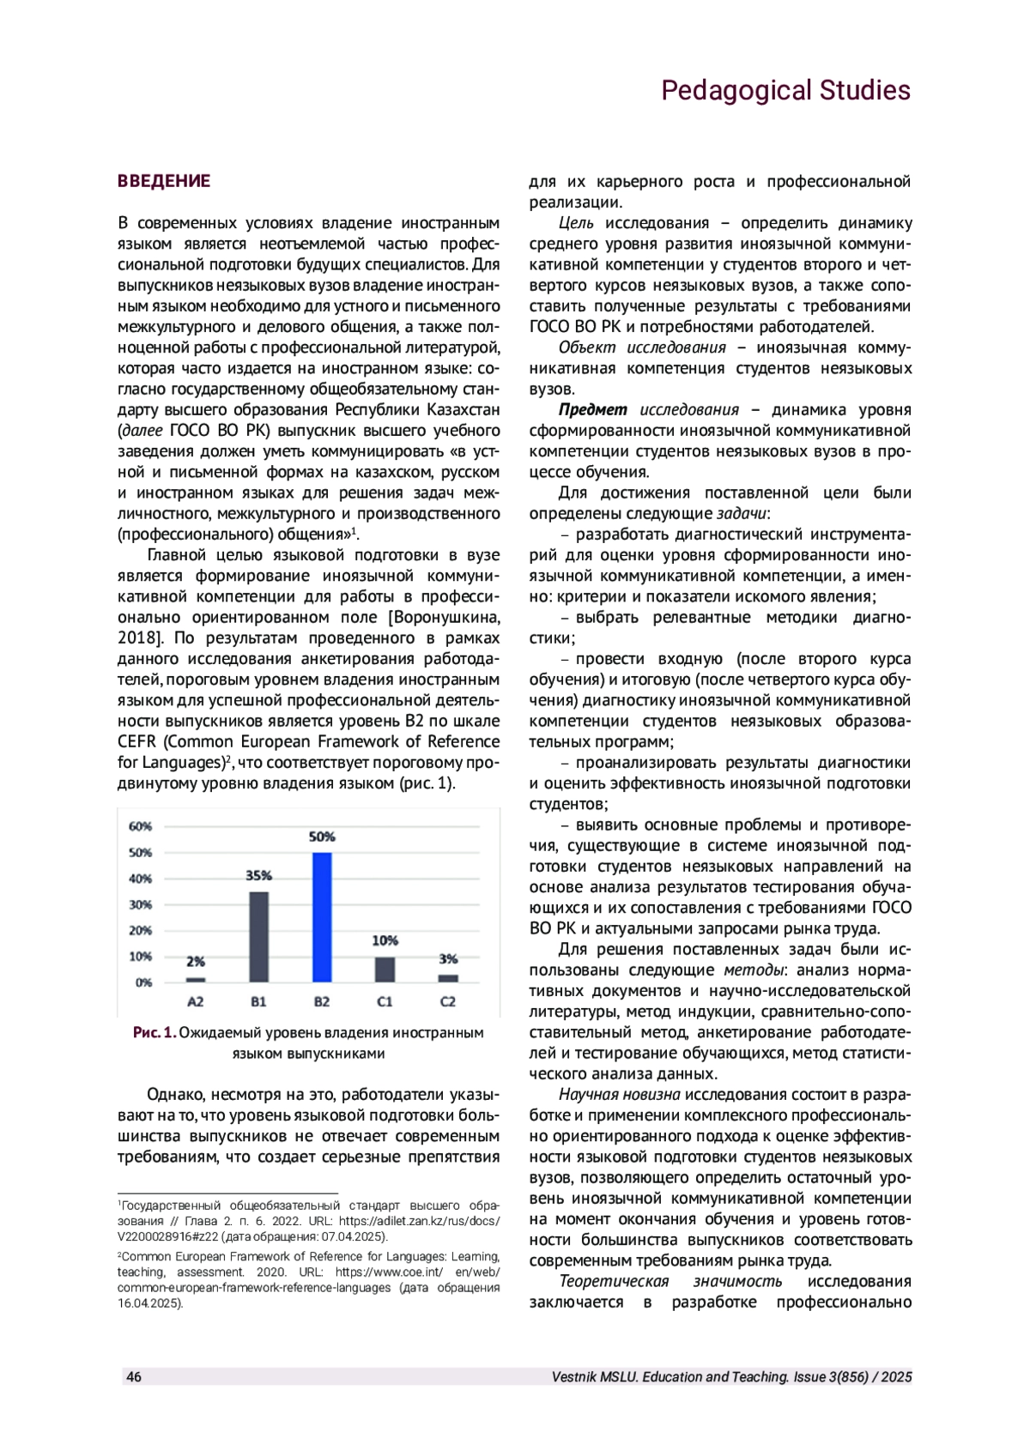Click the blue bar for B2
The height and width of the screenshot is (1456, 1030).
[322, 916]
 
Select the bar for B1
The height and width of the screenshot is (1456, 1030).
[258, 936]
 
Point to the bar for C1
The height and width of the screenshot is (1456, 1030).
[385, 970]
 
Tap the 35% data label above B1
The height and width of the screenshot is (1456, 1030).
[258, 876]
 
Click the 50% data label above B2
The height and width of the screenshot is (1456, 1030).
[322, 837]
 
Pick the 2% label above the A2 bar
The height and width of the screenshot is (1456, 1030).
[196, 962]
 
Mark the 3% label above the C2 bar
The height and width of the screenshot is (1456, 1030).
[448, 959]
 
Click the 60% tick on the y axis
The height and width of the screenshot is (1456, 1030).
[141, 826]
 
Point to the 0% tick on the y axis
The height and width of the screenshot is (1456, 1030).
[143, 982]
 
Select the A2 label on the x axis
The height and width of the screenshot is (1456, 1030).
[196, 1001]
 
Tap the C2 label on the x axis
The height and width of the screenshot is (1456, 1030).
[448, 1001]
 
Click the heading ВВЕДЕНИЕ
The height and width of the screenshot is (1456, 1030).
[164, 181]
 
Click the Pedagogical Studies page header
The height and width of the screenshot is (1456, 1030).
[785, 90]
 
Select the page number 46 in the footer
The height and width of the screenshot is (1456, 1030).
[134, 1377]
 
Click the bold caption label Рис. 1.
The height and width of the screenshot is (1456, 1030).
[154, 1032]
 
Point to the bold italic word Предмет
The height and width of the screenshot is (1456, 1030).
[592, 410]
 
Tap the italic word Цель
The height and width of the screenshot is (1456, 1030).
[576, 223]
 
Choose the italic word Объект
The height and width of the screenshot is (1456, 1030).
[587, 347]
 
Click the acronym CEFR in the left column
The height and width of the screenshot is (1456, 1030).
[137, 741]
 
